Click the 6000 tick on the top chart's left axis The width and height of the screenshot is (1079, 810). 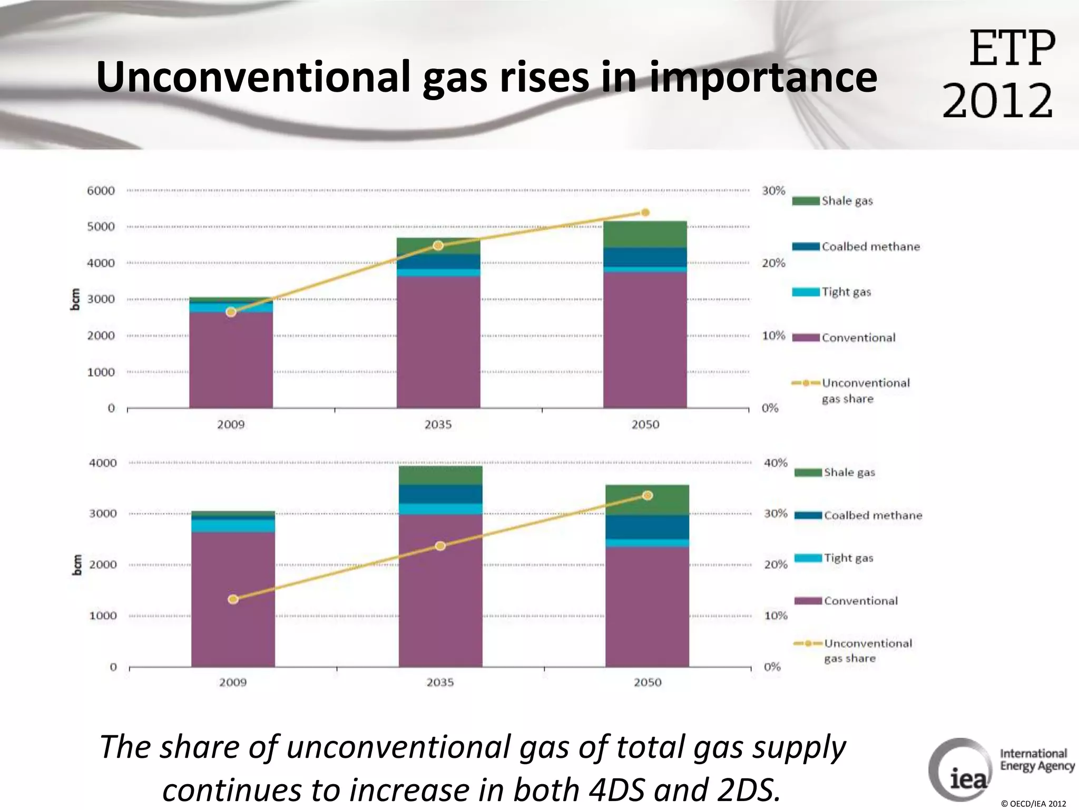coord(101,190)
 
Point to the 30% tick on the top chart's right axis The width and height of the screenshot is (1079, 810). coord(773,190)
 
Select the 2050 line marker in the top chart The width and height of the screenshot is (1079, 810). coord(645,213)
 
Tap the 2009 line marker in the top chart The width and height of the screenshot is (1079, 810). coord(231,312)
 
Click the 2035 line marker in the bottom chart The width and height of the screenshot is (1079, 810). coord(440,546)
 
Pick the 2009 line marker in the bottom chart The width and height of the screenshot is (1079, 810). coord(233,599)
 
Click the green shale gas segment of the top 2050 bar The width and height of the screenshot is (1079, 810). coord(645,234)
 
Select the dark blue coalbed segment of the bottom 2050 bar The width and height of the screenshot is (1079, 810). coord(647,527)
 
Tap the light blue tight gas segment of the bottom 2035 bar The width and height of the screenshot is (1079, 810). coord(440,508)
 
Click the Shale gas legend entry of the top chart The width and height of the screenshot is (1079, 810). coord(847,201)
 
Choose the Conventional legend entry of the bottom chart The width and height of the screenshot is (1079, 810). coord(860,601)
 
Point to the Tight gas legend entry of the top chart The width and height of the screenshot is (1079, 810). coord(846,292)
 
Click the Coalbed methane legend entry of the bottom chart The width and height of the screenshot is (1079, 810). coord(872,515)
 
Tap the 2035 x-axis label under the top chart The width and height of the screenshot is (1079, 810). coord(438,425)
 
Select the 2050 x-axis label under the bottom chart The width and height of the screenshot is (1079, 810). coord(647,682)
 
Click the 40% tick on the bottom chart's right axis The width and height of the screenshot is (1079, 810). coord(776,463)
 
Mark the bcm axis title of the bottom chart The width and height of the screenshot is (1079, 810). coord(77,565)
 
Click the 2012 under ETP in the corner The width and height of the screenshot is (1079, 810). coord(997,101)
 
